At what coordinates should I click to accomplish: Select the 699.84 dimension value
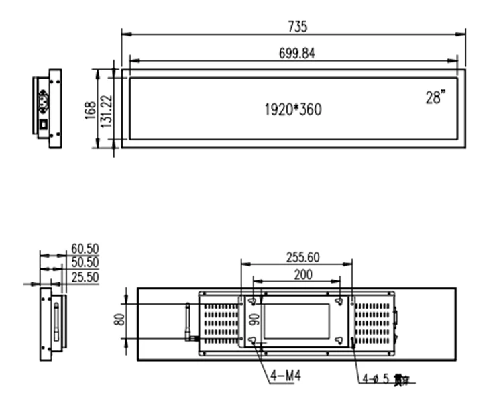pyautogui.click(x=292, y=54)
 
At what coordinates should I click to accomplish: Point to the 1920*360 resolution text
pyautogui.click(x=293, y=109)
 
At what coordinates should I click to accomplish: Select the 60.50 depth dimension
pyautogui.click(x=85, y=250)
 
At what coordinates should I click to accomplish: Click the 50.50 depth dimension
pyautogui.click(x=85, y=262)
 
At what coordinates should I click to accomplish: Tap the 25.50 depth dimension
pyautogui.click(x=85, y=276)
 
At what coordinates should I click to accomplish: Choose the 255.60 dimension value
pyautogui.click(x=296, y=256)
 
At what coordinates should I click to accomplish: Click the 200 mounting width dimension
pyautogui.click(x=296, y=274)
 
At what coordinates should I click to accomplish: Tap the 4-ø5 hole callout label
pyautogui.click(x=380, y=380)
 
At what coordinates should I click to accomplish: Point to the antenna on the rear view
pyautogui.click(x=188, y=321)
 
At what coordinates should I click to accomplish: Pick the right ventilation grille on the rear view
pyautogui.click(x=372, y=321)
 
